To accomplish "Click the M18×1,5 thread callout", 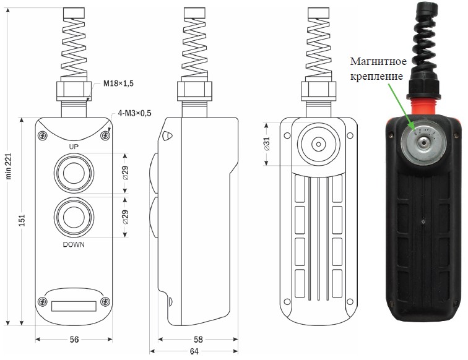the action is (118, 84).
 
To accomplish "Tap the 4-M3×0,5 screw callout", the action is (134, 113).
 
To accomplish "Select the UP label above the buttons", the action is (74, 147).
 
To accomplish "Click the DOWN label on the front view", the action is (74, 244).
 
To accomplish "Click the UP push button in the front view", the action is (74, 173).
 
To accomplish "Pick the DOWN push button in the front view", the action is (74, 217).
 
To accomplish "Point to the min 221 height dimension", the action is (8, 166).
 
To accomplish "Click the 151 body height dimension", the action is (22, 220).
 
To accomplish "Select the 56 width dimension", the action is (74, 340).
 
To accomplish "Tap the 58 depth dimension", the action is (198, 340).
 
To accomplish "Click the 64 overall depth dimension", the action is (194, 351).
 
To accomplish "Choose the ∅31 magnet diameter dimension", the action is (267, 144).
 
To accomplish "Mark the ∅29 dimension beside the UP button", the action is (125, 173).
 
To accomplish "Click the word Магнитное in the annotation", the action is (378, 61).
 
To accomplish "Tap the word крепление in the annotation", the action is (376, 76).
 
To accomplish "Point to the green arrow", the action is (401, 107).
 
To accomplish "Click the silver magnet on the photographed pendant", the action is (424, 143).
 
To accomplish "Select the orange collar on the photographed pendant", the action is (424, 107).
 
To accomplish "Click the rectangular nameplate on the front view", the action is (74, 306).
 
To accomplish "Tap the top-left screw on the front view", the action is (43, 135).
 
